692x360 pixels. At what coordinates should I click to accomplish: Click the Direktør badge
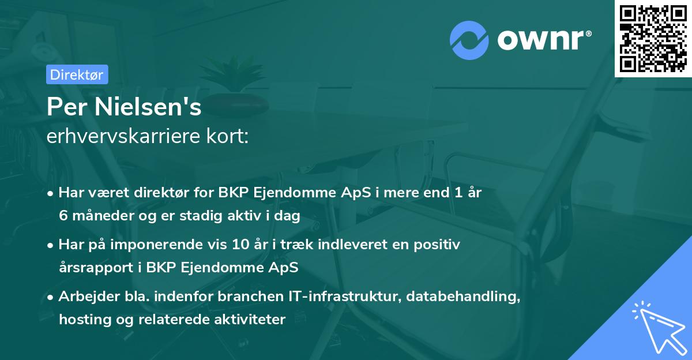77,74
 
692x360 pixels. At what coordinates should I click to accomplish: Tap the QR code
653,38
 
